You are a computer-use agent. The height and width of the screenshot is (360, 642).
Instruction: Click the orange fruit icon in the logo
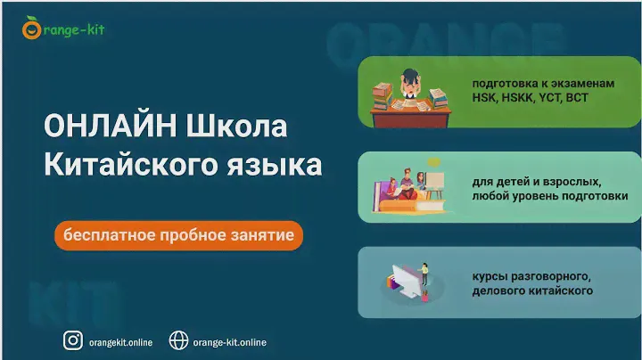[x=31, y=29]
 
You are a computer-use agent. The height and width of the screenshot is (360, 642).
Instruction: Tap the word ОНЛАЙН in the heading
[x=111, y=126]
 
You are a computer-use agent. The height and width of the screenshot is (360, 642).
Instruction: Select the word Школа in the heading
[x=236, y=126]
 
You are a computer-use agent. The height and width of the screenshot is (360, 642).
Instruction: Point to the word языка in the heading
[x=275, y=165]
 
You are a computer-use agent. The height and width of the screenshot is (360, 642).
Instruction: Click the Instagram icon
[x=73, y=340]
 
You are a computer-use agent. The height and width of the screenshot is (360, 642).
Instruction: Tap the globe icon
[x=179, y=340]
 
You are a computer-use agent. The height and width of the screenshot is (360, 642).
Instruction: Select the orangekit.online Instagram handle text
[x=120, y=342]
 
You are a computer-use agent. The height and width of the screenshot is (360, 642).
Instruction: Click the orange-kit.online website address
[x=230, y=342]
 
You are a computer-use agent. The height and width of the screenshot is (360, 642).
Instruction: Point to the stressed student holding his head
[x=409, y=83]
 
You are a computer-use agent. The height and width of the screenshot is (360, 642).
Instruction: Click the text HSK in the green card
[x=483, y=98]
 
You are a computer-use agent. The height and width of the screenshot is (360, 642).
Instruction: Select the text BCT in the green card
[x=577, y=98]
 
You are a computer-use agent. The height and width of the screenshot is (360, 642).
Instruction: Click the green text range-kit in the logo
[x=74, y=30]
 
